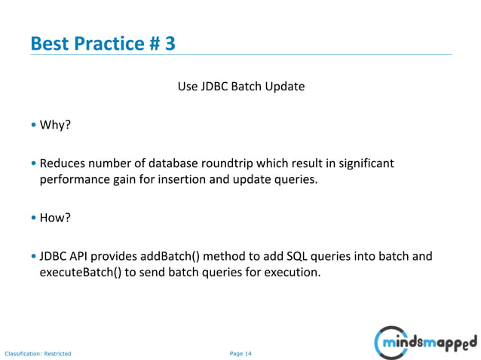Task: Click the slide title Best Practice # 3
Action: click(103, 43)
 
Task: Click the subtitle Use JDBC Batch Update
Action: click(240, 86)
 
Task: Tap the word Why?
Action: click(55, 124)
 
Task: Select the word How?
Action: click(55, 218)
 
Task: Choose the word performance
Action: click(74, 180)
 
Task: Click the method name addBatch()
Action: click(173, 256)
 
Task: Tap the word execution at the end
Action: click(292, 273)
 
